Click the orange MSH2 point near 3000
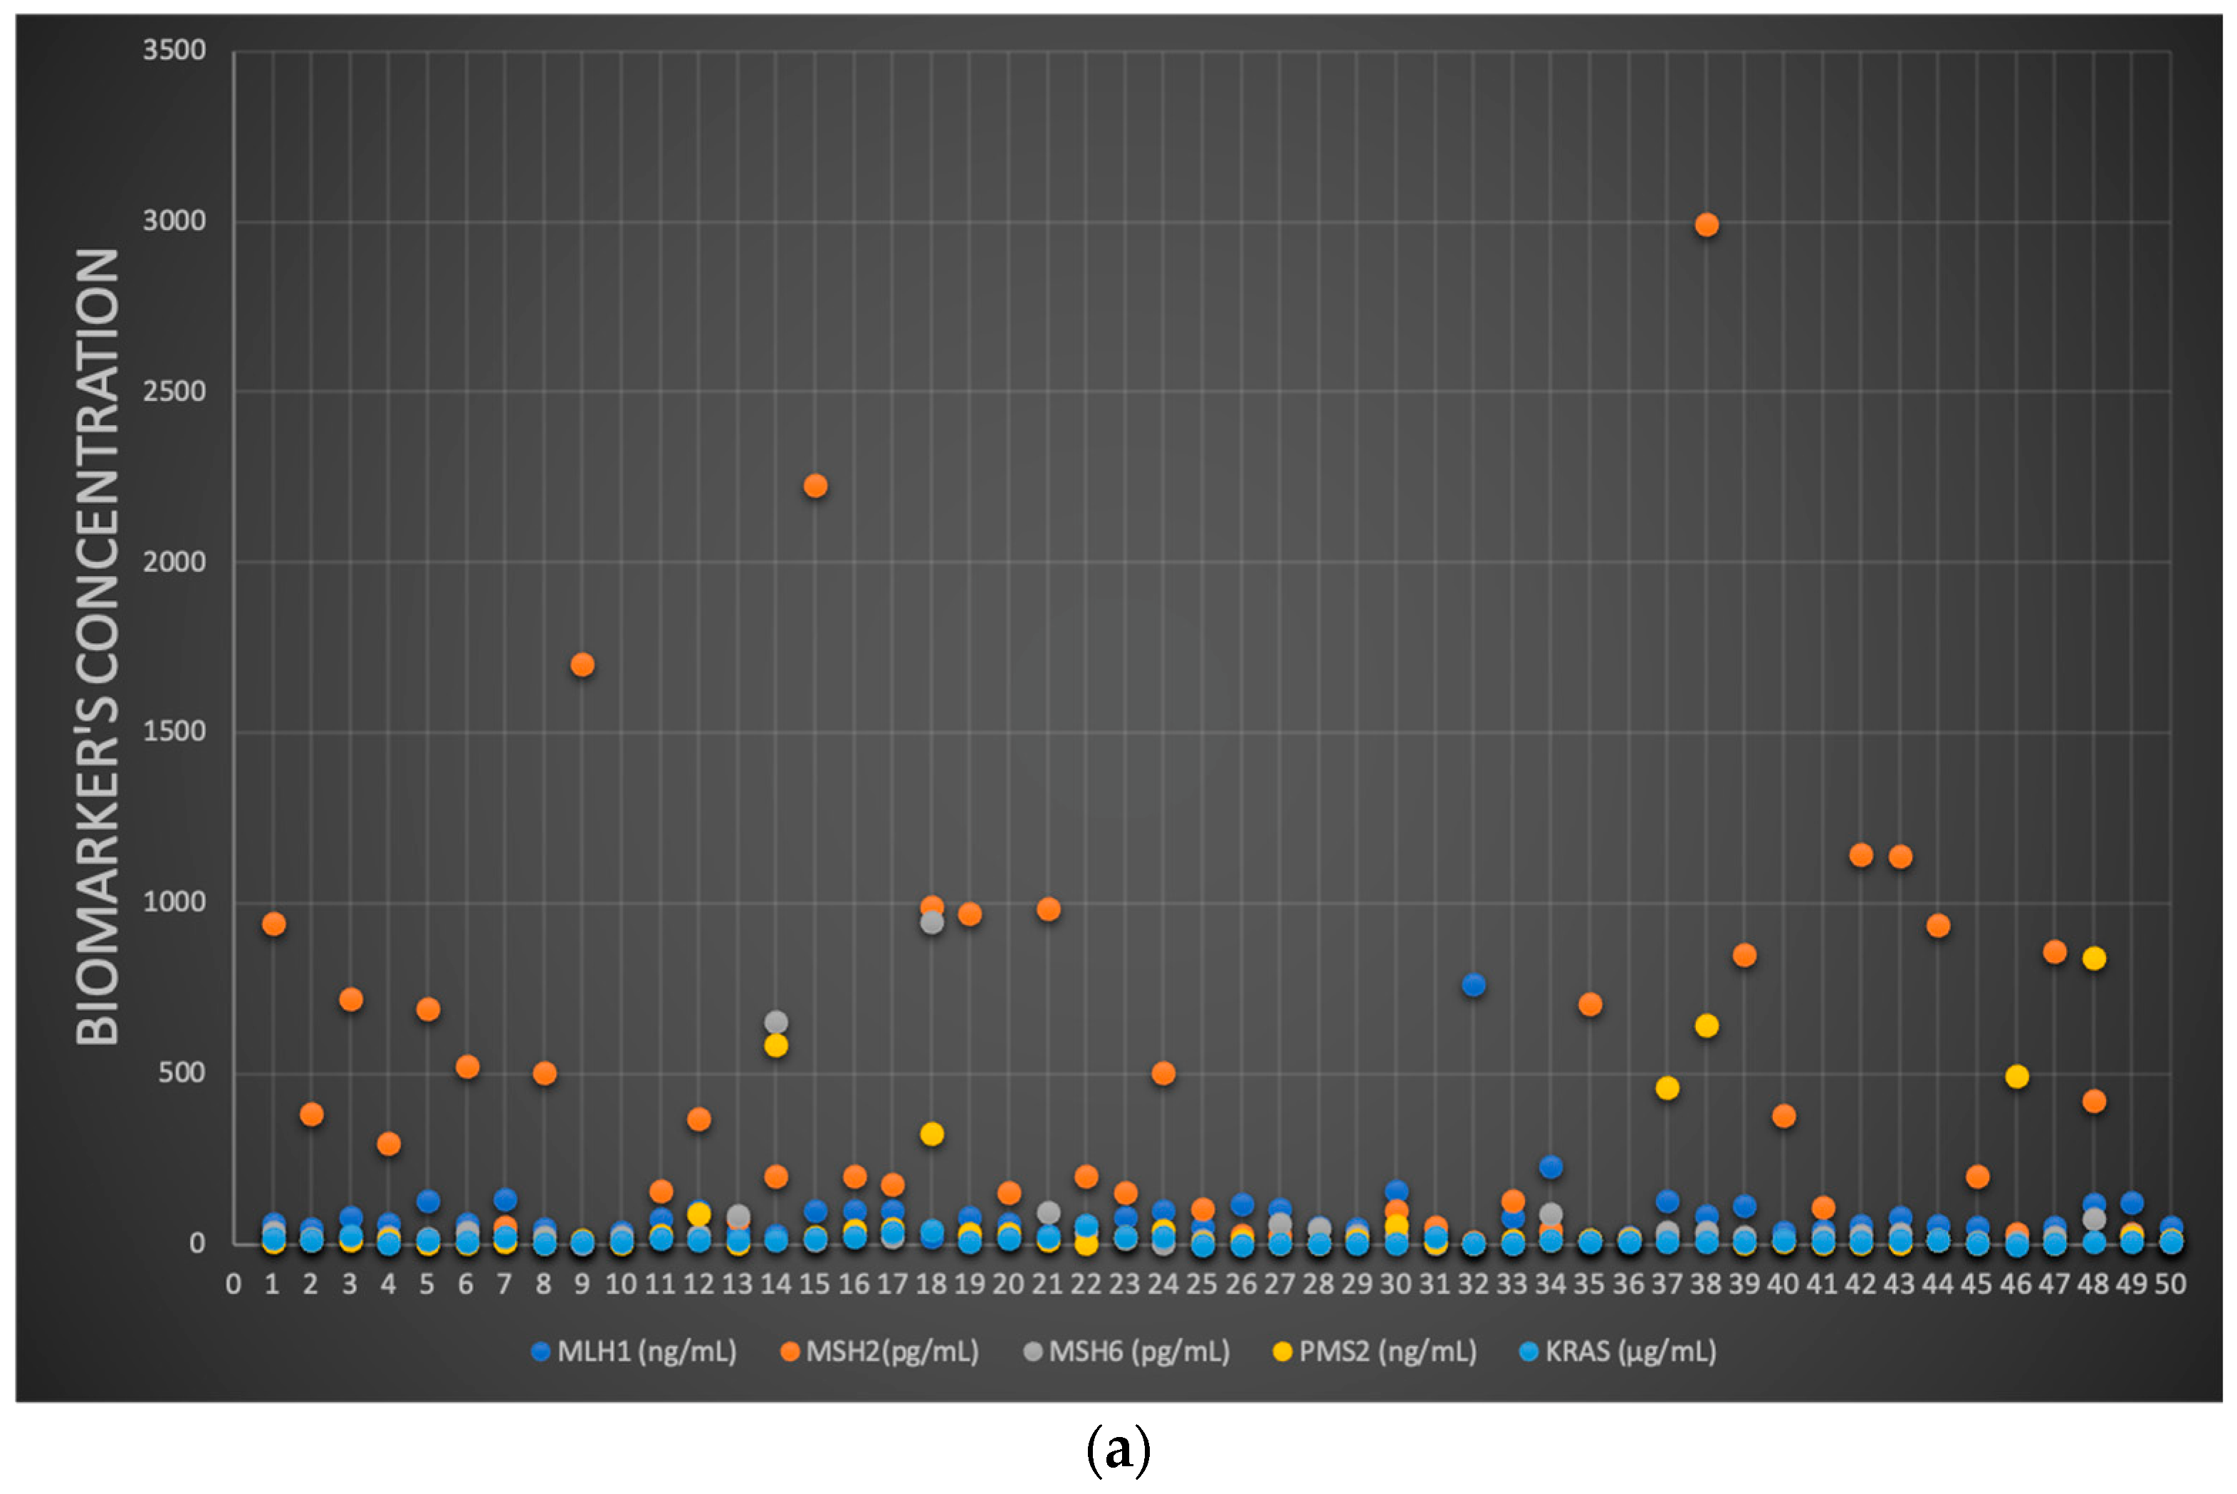point(1706,225)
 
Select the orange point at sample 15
point(815,486)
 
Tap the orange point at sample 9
point(582,664)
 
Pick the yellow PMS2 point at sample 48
point(2093,958)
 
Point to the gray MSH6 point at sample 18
point(931,922)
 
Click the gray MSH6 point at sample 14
point(776,1023)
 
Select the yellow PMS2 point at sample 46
point(2016,1077)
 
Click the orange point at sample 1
point(273,924)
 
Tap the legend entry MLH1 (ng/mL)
point(634,1351)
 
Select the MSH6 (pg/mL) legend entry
point(1128,1351)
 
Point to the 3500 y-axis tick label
point(174,50)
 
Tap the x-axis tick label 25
point(1202,1285)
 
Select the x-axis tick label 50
point(2170,1285)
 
